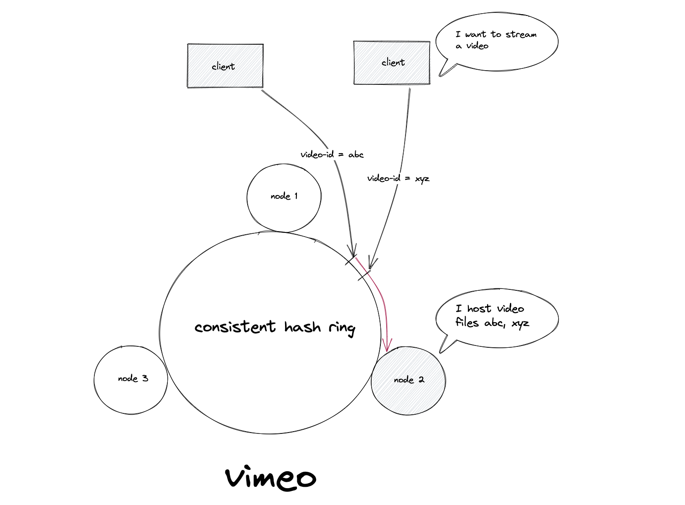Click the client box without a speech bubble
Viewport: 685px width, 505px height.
[x=225, y=66]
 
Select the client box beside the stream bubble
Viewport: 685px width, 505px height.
[x=392, y=62]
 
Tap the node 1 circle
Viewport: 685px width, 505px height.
[x=284, y=198]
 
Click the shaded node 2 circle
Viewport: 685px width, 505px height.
[x=408, y=381]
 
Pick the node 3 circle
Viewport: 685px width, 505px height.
[x=131, y=380]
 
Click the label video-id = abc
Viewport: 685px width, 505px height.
[x=332, y=155]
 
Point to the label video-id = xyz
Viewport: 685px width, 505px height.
[x=398, y=178]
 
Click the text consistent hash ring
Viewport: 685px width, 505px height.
[x=275, y=328]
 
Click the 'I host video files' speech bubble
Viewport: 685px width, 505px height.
[x=497, y=320]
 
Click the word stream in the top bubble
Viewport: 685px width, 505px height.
[x=521, y=34]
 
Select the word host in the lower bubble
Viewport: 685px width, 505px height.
[x=479, y=309]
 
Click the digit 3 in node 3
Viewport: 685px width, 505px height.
[x=145, y=378]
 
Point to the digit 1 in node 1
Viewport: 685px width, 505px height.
[x=296, y=196]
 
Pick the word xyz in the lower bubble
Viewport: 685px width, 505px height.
[x=520, y=324]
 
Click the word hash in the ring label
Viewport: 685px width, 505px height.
[x=302, y=327]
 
